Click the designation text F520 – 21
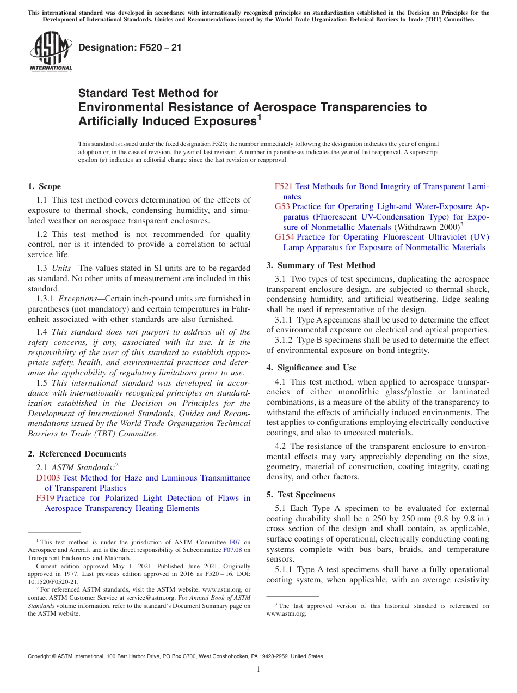pyautogui.click(x=130, y=47)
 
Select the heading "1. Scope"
pyautogui.click(x=44, y=186)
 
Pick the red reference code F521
pyautogui.click(x=284, y=186)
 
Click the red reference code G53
pyautogui.click(x=282, y=206)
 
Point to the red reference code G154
pyautogui.click(x=285, y=237)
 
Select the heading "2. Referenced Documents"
pyautogui.click(x=77, y=454)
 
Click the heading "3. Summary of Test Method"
pyautogui.click(x=321, y=265)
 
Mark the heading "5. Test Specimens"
pyautogui.click(x=301, y=495)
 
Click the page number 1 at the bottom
pyautogui.click(x=258, y=669)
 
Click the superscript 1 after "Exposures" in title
pyautogui.click(x=259, y=116)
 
